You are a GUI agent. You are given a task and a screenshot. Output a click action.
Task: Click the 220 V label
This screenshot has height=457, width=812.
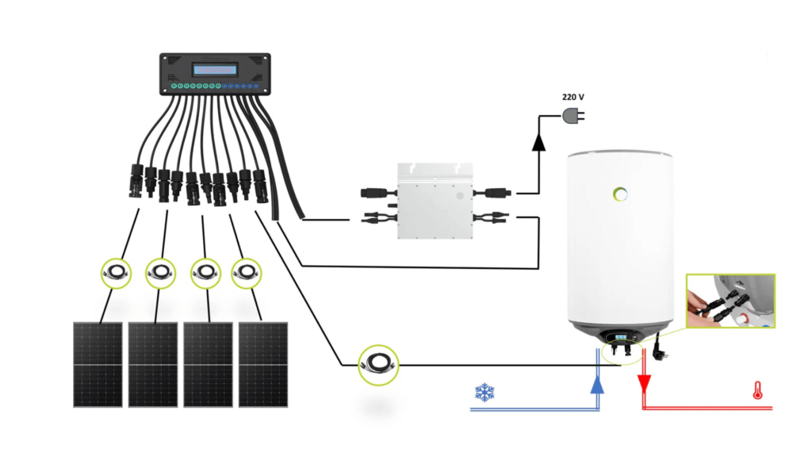pos(573,97)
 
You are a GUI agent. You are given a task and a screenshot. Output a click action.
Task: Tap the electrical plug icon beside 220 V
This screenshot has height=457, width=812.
pos(573,116)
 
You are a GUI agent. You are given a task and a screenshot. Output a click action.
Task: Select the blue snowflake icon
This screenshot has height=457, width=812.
pos(484,391)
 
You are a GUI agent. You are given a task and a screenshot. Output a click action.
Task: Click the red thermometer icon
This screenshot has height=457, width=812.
pos(758,390)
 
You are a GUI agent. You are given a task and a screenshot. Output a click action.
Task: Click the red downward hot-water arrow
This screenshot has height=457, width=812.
pos(644,384)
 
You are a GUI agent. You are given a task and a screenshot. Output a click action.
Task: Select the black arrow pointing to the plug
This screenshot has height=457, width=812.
pos(539,142)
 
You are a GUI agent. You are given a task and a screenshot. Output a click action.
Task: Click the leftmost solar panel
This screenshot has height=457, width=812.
pos(98,364)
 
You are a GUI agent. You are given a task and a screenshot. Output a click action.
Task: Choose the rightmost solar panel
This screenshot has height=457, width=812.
pos(263,364)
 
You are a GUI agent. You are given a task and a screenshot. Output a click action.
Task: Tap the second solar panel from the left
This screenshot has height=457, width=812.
pos(153,364)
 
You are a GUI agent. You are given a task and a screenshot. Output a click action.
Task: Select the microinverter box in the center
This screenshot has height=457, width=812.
pos(435,202)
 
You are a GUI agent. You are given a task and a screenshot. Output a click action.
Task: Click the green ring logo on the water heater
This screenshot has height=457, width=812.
pos(620,193)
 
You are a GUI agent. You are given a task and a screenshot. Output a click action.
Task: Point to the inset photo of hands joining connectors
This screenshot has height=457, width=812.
pos(730,301)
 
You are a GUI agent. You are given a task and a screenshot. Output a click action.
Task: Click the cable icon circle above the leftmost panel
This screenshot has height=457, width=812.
pos(117,274)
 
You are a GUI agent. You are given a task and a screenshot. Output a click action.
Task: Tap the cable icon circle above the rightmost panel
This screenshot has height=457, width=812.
pos(247,274)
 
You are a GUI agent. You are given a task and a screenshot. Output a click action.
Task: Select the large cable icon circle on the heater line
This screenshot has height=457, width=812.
pos(379,364)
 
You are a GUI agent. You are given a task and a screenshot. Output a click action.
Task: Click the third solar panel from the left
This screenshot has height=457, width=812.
pos(208,364)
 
